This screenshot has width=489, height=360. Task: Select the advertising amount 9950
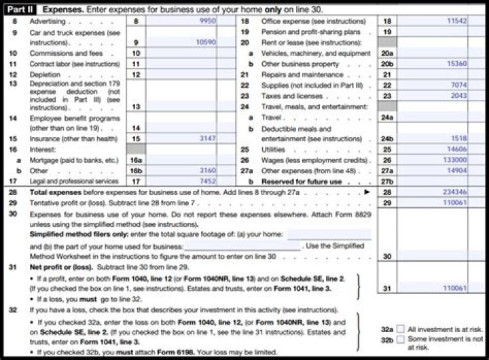click(x=207, y=22)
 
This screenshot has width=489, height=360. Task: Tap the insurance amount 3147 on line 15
click(x=207, y=139)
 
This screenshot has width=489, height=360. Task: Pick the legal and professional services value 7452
click(x=207, y=181)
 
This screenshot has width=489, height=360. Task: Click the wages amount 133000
click(x=454, y=160)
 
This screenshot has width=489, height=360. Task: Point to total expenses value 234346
click(x=454, y=192)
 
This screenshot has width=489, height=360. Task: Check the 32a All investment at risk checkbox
click(x=400, y=329)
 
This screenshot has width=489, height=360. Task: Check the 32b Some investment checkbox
click(x=400, y=339)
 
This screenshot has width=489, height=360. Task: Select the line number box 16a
click(x=136, y=160)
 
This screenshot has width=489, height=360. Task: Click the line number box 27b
click(x=387, y=181)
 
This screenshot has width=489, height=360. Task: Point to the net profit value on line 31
click(x=454, y=289)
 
